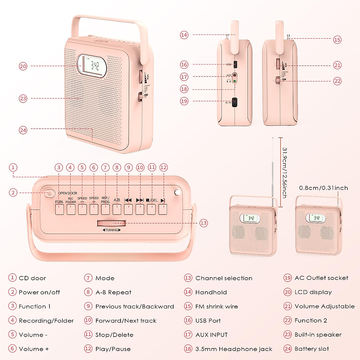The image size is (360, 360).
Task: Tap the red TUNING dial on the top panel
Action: point(111,223)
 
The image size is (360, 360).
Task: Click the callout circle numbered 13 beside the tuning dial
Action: point(203,223)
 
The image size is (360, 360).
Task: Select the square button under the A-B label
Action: point(117,209)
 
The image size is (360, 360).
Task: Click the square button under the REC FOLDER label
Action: point(71,209)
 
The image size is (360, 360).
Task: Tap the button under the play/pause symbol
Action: point(163,209)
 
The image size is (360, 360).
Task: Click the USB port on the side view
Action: point(235,64)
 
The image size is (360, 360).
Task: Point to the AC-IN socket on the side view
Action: point(235,102)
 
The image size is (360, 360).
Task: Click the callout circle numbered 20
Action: point(23,66)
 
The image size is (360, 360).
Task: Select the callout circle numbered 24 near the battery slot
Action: point(23,130)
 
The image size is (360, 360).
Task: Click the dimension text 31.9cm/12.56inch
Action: point(285,172)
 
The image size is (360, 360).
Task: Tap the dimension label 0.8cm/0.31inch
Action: point(323,188)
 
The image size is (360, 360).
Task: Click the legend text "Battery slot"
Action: point(312,349)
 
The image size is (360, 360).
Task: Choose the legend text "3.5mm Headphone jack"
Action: point(234,349)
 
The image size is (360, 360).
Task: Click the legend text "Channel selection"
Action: point(224,278)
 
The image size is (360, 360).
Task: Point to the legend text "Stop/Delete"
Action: point(114,335)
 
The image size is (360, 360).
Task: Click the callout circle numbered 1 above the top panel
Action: point(13,167)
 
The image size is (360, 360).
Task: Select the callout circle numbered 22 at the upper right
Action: point(337,81)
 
